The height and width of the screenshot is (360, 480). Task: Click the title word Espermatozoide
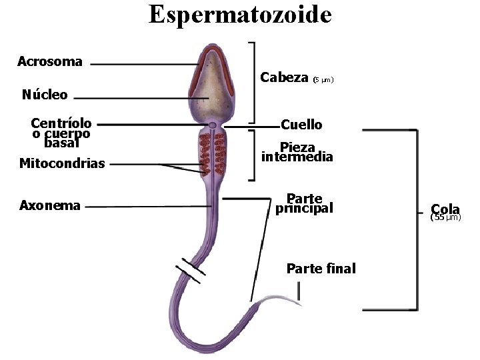coord(240,14)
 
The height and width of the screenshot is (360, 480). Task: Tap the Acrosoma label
coord(50,62)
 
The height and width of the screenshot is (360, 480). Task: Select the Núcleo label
coord(45,95)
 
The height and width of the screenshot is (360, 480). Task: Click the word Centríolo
coord(61,123)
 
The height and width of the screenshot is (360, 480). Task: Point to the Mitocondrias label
coord(62,163)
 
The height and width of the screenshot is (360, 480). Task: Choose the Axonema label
coord(50,205)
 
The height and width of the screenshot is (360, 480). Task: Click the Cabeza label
coord(284,77)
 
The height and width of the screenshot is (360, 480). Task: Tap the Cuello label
coord(301,125)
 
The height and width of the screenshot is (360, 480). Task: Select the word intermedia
coord(297,157)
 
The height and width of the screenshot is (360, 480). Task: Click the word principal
coord(304,208)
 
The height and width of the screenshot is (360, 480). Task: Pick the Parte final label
coord(321,269)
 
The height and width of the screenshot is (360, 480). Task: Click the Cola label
coord(445,209)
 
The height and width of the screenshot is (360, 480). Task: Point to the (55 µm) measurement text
coord(445,217)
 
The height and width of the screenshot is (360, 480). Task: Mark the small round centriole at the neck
coord(212,125)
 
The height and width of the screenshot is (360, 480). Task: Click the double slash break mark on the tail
coord(191,269)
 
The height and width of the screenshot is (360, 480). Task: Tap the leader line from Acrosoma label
coord(140,65)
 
